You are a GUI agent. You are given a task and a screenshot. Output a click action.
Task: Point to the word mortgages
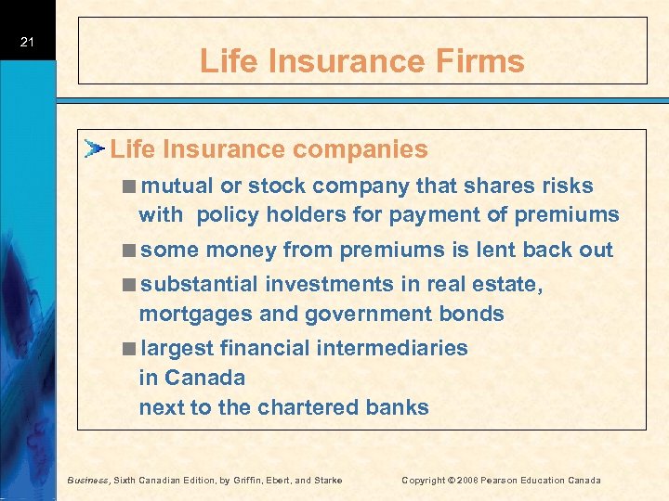(196, 314)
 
